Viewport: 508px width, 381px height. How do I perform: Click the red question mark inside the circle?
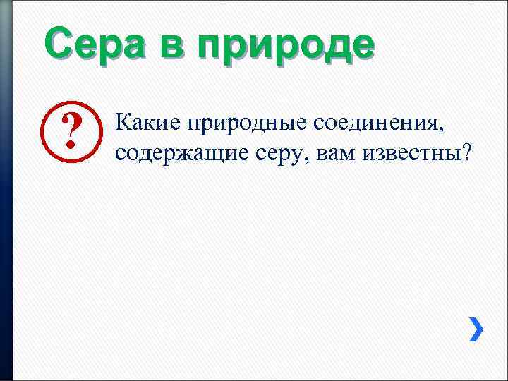coord(70,133)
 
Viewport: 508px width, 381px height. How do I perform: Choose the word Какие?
coord(145,123)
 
